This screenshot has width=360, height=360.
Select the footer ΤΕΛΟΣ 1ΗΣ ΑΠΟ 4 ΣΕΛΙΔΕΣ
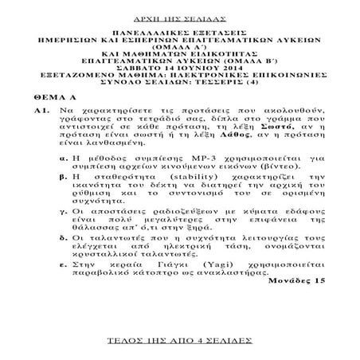(179, 340)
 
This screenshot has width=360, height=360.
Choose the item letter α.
(64, 160)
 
